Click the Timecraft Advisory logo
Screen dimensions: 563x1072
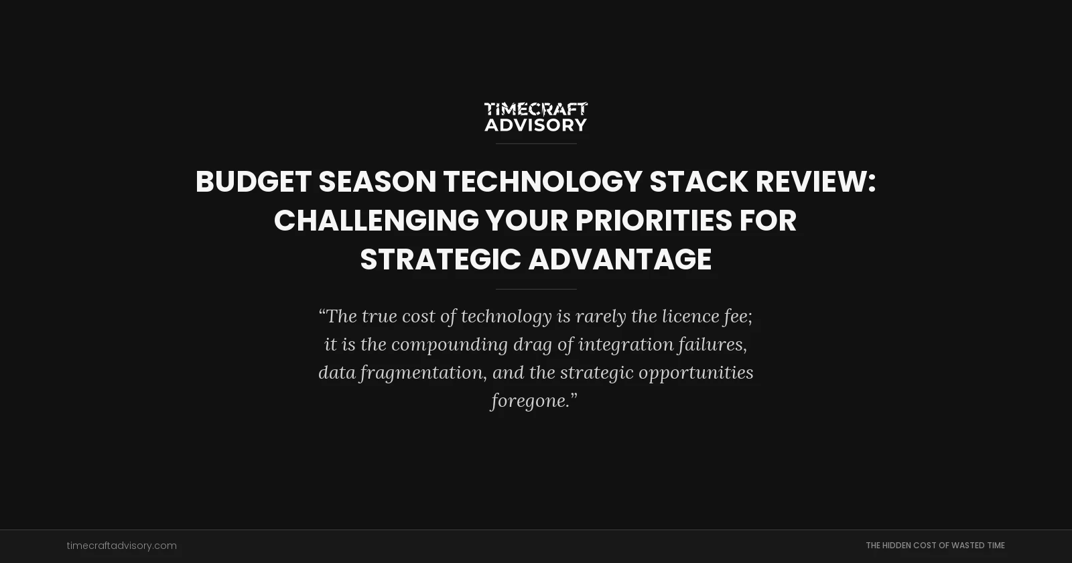click(x=536, y=117)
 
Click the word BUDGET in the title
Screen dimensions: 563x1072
click(x=253, y=182)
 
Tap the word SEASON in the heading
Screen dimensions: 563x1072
click(x=377, y=182)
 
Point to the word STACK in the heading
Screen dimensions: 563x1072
click(x=698, y=182)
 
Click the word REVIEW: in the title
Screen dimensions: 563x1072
click(x=815, y=182)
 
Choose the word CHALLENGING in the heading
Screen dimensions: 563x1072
click(x=376, y=221)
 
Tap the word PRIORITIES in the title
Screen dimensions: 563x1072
click(x=653, y=221)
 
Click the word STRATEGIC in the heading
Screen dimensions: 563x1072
click(x=440, y=259)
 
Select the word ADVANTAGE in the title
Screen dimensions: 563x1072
click(x=620, y=259)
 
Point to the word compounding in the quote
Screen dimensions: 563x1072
click(x=450, y=345)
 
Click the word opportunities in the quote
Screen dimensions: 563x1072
click(x=695, y=373)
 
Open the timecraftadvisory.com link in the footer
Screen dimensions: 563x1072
click(x=121, y=546)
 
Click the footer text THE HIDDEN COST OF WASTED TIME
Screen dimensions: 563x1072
click(x=935, y=546)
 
